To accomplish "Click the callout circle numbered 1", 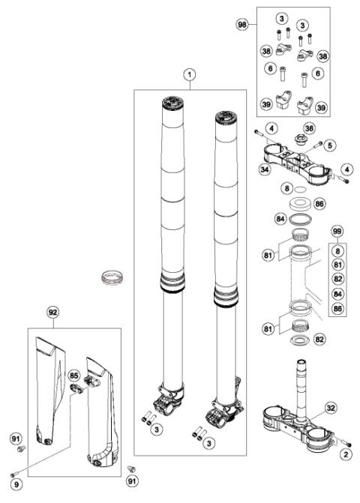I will (190, 75).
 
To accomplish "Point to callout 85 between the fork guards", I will (73, 374).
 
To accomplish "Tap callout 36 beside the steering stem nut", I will (308, 130).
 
